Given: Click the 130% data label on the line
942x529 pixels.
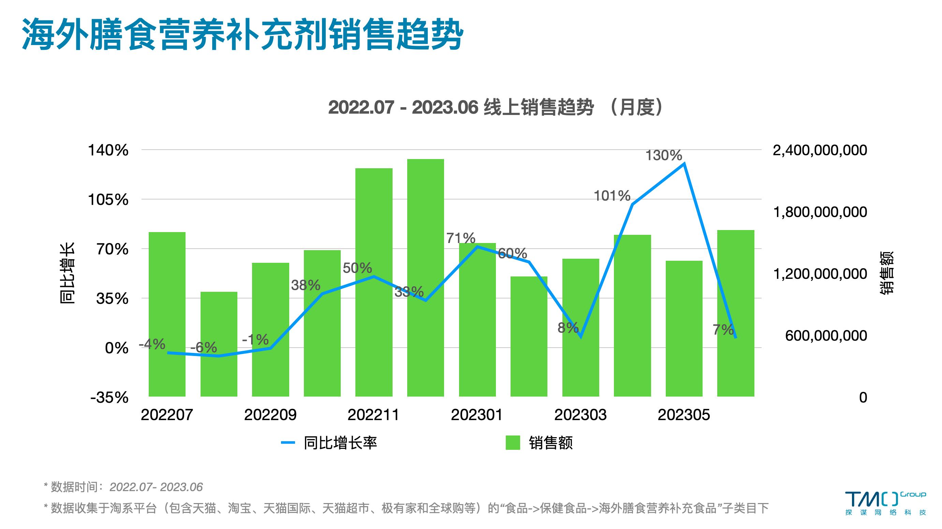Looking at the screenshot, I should click(x=663, y=156).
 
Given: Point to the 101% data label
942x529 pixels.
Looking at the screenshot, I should click(x=612, y=196).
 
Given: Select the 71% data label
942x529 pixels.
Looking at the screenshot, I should click(x=460, y=238).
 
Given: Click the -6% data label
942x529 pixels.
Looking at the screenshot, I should click(x=204, y=347).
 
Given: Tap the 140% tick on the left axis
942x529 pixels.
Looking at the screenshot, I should click(x=108, y=151).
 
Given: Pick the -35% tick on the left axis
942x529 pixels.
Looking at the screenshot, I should click(x=109, y=398).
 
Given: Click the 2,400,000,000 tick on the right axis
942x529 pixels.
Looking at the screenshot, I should click(x=820, y=151).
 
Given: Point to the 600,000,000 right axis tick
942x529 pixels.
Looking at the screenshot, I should click(x=826, y=336).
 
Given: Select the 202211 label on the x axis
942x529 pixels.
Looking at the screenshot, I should click(x=373, y=415).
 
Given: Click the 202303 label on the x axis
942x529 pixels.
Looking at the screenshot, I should click(x=580, y=415).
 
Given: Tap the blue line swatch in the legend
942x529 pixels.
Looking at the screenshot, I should click(x=288, y=443).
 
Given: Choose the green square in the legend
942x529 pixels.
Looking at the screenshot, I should click(x=513, y=443).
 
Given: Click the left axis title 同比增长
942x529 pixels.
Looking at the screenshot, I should click(x=67, y=273).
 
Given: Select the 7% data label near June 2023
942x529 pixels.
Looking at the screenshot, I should click(x=723, y=330).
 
